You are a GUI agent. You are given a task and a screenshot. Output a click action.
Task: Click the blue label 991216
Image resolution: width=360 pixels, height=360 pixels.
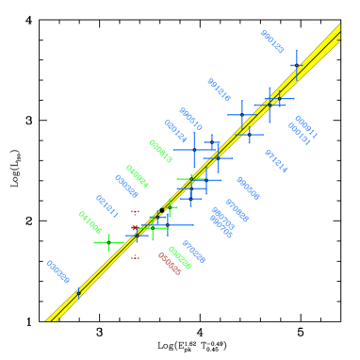point(219,90)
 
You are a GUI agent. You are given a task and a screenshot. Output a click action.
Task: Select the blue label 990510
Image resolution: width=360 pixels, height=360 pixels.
point(190,119)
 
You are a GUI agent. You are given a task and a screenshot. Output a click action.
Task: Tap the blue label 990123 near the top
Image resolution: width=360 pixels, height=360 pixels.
point(271,41)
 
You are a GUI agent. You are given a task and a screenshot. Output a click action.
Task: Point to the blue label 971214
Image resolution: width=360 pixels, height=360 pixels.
point(275,161)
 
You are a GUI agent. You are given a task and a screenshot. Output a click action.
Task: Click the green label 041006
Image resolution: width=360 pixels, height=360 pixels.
point(90,222)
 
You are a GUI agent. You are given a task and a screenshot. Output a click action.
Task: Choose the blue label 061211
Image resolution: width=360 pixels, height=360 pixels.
point(106,206)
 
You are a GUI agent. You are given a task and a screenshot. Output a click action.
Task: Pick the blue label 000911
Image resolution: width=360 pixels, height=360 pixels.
point(305,126)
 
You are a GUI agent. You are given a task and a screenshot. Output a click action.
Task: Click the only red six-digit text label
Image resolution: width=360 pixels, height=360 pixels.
point(169,263)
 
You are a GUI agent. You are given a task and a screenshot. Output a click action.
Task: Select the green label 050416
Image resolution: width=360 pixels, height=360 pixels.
point(160,151)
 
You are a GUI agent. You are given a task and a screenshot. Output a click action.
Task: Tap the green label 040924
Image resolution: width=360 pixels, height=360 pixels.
point(137,176)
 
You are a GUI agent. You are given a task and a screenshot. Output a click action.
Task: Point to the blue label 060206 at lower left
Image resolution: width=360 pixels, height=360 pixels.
point(57,271)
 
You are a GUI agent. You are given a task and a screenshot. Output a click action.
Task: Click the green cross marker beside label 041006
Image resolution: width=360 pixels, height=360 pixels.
point(109,242)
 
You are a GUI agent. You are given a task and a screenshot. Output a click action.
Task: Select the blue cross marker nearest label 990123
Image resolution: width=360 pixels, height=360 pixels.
point(296,66)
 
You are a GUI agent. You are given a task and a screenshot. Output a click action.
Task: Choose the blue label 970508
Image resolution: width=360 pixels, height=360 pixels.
point(237,209)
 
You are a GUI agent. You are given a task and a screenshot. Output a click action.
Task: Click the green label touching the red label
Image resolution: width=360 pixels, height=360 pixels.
point(179,256)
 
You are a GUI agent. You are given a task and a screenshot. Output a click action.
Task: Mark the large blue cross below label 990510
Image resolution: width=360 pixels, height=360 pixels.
point(194,150)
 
